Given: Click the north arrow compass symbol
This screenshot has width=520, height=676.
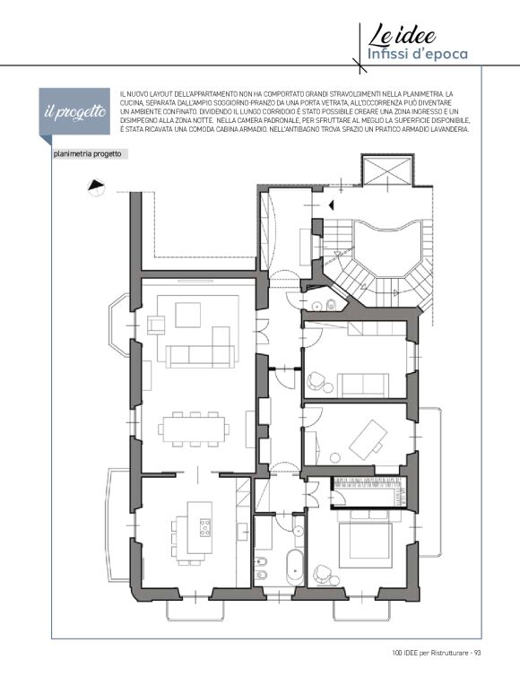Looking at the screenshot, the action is pos(97,187).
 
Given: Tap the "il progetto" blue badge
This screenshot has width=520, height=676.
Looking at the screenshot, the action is pos(74,112).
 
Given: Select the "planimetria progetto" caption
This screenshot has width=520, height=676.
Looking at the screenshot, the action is pos(88,154).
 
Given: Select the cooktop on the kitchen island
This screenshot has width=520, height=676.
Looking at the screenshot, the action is pos(205,527).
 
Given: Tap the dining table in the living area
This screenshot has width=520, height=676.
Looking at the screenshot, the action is pos(194,429).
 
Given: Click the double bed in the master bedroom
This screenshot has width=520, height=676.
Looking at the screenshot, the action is pos(366,539).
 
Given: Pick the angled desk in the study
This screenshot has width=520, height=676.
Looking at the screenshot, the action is pos(366,440).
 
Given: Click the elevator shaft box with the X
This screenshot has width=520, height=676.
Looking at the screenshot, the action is pos(386,170).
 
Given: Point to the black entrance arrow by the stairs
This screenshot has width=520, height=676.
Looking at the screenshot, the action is pos(331,205).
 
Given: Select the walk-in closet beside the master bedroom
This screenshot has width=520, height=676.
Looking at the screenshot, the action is pos(368,491).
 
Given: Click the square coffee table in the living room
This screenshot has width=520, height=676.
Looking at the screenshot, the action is pos(188,316).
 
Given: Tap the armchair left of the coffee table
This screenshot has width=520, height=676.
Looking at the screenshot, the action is pos(156,325).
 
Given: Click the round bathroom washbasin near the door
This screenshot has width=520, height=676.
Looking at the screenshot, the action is pos(298,530).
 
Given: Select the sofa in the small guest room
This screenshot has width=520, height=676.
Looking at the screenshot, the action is pos(363,385).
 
